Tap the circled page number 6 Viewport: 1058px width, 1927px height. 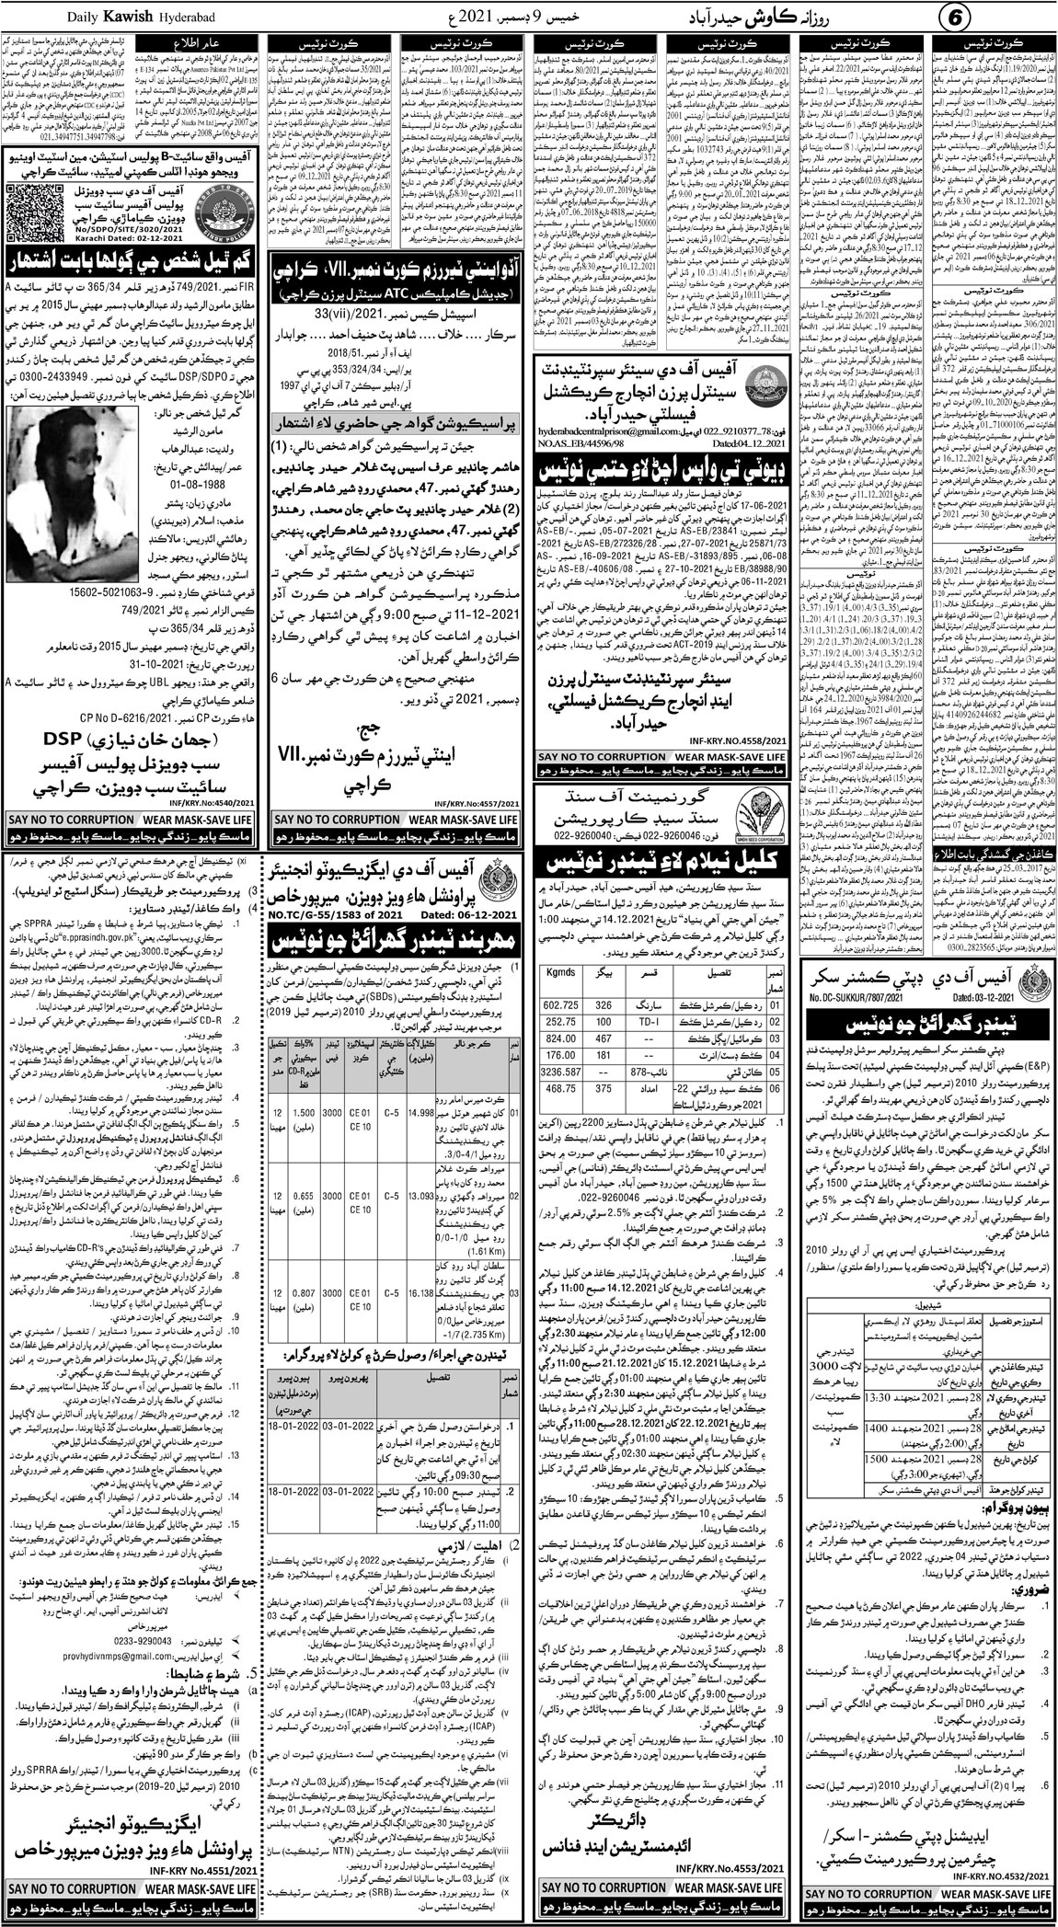(x=1031, y=17)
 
